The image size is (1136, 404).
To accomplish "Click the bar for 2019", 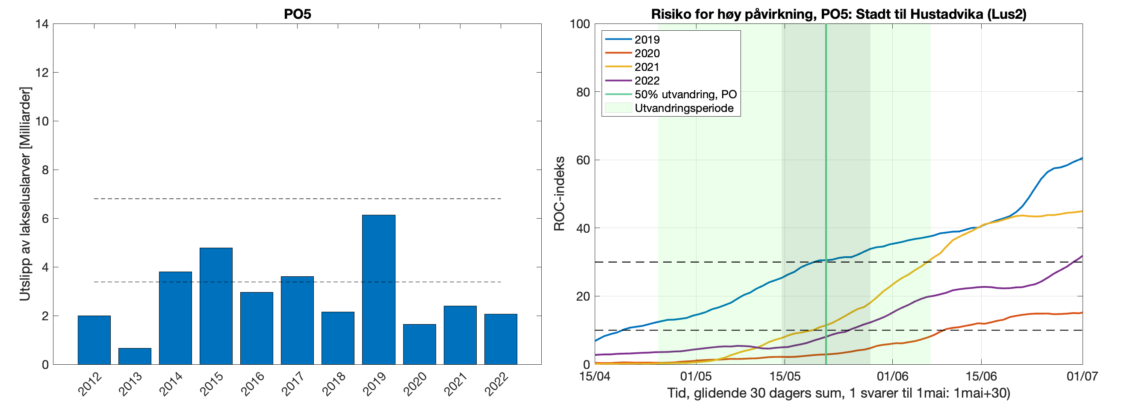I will pyautogui.click(x=378, y=290).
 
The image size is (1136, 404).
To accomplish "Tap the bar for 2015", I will pyautogui.click(x=215, y=306).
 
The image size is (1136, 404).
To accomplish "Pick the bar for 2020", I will pyautogui.click(x=419, y=344).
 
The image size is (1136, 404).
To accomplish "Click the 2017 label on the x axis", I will pyautogui.click(x=293, y=384).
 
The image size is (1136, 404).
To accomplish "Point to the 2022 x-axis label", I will pyautogui.click(x=496, y=384).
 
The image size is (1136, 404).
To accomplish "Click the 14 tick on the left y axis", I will pyautogui.click(x=42, y=24).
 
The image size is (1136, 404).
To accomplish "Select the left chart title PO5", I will pyautogui.click(x=297, y=14).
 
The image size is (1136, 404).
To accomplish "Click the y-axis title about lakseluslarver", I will pyautogui.click(x=25, y=194).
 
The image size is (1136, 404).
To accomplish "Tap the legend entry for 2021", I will pyautogui.click(x=647, y=67).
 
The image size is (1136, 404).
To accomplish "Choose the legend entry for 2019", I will pyautogui.click(x=647, y=40).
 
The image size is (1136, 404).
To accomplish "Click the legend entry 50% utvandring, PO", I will pyautogui.click(x=685, y=94).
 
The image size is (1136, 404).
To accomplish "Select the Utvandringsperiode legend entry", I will pyautogui.click(x=684, y=108).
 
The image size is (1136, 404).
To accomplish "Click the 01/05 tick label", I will pyautogui.click(x=696, y=376).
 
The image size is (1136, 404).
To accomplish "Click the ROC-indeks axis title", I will pyautogui.click(x=560, y=194).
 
